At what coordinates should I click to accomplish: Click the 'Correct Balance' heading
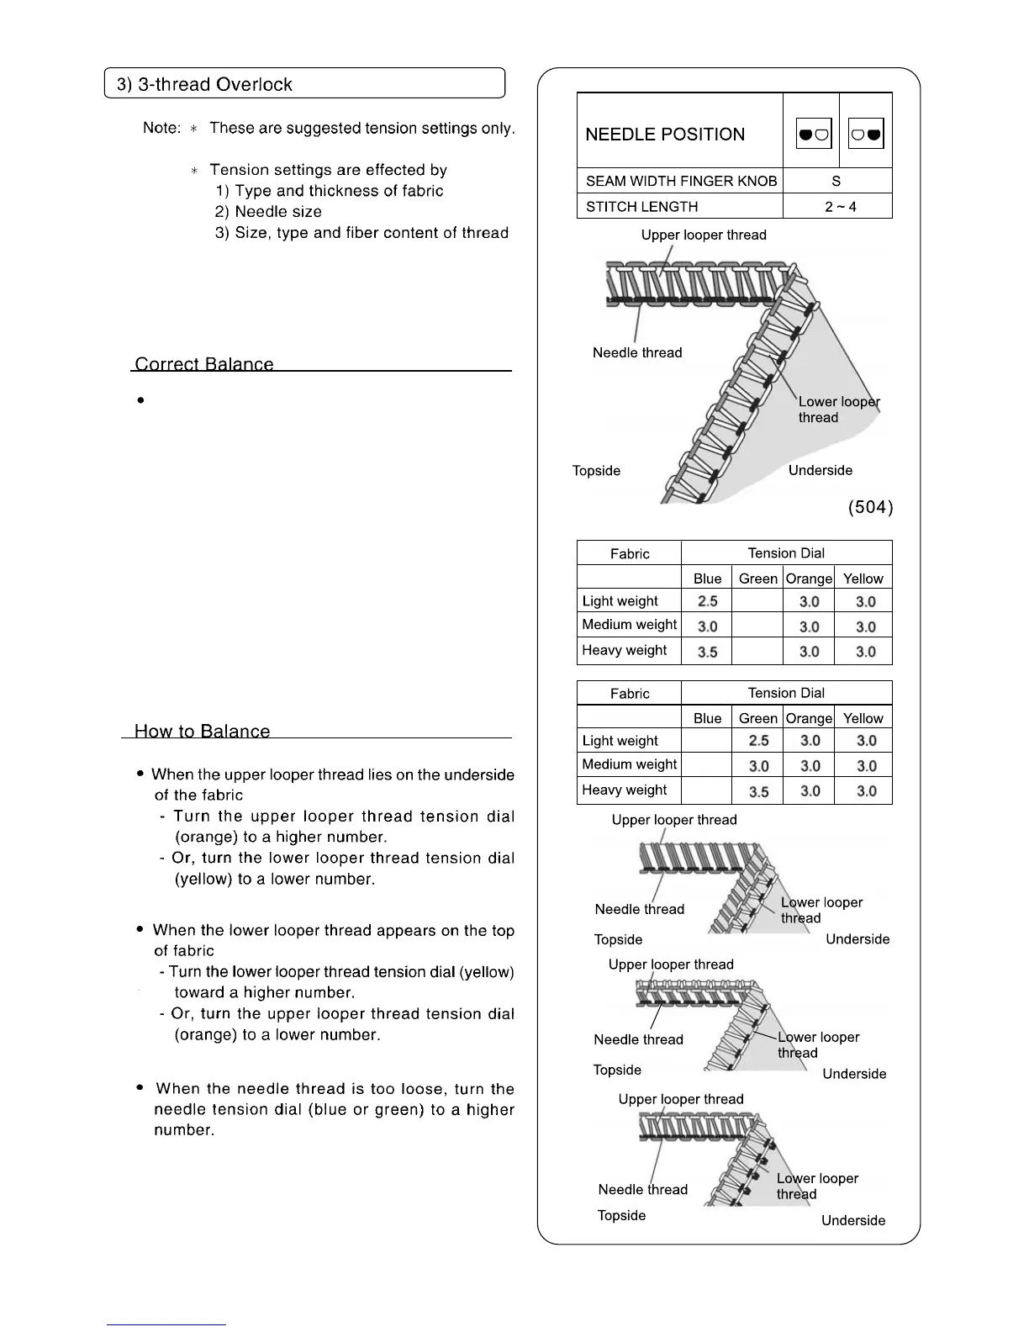204,364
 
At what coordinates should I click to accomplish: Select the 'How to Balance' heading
202,731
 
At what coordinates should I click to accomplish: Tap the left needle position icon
813,134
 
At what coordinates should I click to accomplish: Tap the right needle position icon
866,134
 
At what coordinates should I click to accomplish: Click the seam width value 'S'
836,181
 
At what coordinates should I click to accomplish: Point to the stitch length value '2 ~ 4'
840,207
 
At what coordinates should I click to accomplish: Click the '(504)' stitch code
870,507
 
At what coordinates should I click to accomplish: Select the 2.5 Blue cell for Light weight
707,601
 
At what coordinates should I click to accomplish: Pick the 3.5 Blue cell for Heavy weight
707,652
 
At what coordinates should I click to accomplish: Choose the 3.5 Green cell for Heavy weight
758,791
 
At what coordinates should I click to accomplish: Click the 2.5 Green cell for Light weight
758,741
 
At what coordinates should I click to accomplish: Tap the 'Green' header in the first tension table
757,579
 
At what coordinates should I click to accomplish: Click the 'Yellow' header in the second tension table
863,718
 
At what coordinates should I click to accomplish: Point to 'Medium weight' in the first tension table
629,625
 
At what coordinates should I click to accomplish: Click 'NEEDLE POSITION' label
665,135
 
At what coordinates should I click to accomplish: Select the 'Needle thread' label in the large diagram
637,352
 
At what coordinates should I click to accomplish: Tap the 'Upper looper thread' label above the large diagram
704,235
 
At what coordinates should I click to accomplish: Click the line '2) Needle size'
268,212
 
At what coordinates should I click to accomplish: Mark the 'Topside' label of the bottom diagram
621,1215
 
